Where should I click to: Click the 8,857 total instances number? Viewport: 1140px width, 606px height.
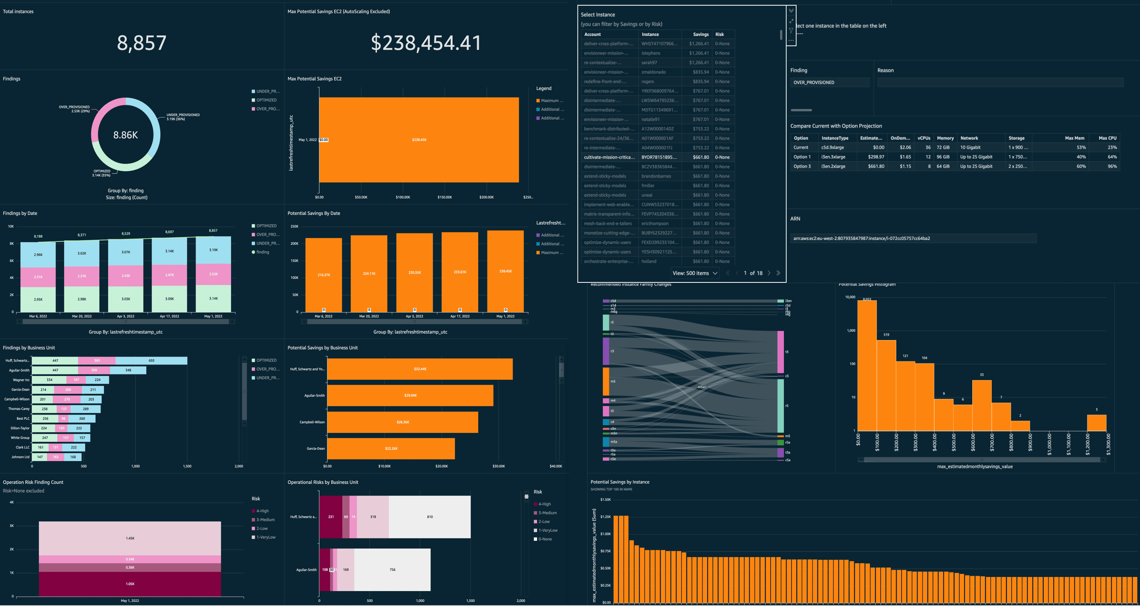142,43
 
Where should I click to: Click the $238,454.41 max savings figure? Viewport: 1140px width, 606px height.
426,43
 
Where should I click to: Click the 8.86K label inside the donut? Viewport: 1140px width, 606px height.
126,135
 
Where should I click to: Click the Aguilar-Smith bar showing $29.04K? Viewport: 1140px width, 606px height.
410,395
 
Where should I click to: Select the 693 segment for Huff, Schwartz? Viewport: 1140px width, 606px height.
151,361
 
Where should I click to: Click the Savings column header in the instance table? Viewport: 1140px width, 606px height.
701,34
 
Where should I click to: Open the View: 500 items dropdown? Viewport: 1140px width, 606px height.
695,273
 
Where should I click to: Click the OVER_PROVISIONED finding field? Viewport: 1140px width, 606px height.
829,82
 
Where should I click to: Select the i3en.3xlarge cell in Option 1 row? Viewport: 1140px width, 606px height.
833,157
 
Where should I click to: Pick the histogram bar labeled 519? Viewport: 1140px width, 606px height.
886,385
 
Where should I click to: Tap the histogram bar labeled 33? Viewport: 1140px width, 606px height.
981,405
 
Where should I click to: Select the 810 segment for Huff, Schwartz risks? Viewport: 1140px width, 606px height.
430,517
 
